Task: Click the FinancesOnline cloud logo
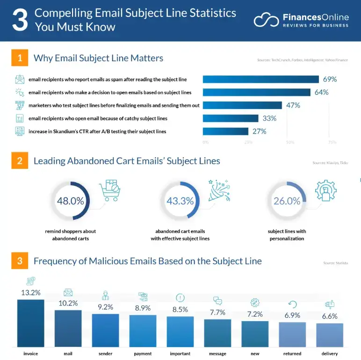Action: tap(266, 20)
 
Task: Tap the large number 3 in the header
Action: tap(19, 20)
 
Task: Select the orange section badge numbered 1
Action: tap(20, 58)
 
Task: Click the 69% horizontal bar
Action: tap(260, 79)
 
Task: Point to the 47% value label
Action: tap(293, 105)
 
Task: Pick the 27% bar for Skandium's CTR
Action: tap(225, 131)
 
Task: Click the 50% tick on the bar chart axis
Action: tap(290, 142)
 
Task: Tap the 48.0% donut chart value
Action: tap(70, 201)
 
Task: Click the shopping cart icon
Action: tap(110, 190)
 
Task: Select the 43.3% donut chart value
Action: tap(180, 201)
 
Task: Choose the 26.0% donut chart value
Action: tap(287, 201)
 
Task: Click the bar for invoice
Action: tap(31, 323)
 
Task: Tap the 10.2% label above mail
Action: tap(68, 303)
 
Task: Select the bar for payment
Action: tap(143, 331)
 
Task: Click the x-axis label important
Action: tap(180, 353)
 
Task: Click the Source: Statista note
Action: tap(335, 263)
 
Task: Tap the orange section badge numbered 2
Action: tap(20, 161)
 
